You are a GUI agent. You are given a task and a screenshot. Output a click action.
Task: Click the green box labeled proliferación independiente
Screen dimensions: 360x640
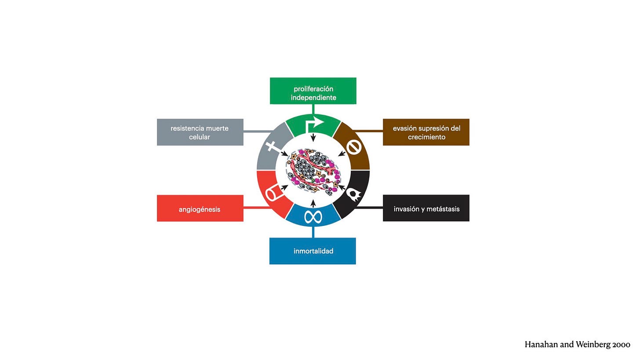pos(313,91)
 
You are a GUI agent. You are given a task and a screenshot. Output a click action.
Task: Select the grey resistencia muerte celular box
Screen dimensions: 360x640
pos(200,132)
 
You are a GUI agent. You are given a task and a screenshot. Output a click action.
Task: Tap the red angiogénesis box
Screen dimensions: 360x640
pos(200,208)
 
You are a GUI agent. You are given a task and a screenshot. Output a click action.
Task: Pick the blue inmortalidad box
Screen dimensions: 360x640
pos(313,251)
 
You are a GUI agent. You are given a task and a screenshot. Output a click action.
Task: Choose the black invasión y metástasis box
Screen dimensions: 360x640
pos(426,208)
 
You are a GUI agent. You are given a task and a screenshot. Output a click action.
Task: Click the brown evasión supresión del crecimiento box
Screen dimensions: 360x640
pos(426,132)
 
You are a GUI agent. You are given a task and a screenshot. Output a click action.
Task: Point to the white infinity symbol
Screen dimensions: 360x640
pos(313,217)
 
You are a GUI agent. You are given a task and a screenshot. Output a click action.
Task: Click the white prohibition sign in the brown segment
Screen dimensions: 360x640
pos(353,147)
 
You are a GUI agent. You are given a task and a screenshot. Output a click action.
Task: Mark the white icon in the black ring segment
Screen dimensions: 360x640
pos(354,194)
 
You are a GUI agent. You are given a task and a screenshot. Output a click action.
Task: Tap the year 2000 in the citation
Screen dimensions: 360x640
pos(622,345)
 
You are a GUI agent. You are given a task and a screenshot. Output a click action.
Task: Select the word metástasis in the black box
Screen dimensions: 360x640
pos(443,209)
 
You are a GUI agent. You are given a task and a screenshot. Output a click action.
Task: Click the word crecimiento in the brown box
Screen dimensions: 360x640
pos(426,137)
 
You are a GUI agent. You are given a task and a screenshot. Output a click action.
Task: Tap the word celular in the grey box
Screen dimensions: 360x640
pos(200,137)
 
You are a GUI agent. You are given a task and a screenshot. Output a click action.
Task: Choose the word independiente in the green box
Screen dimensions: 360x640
pos(313,98)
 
